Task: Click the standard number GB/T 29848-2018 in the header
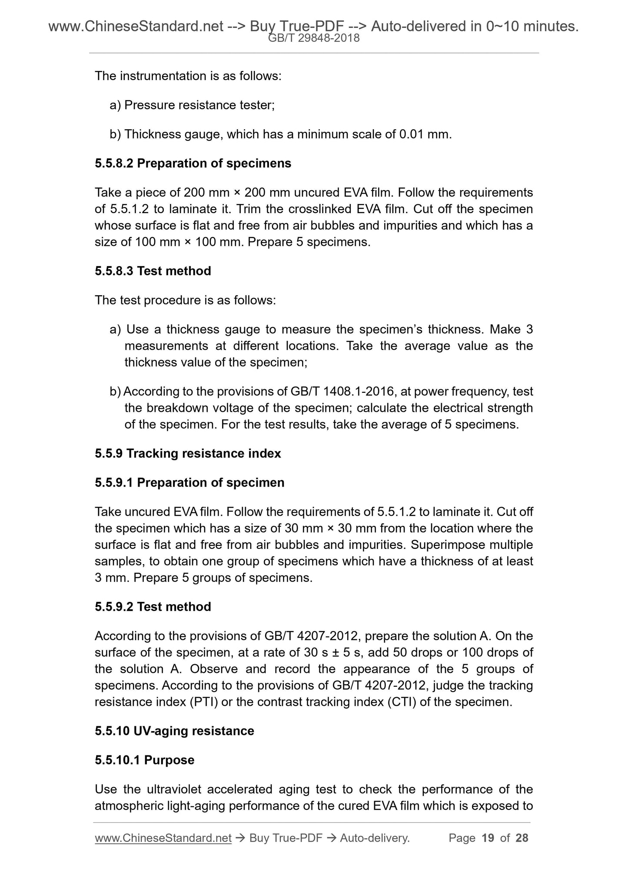(x=314, y=38)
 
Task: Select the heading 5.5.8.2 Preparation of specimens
(x=193, y=164)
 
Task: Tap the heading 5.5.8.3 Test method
(x=153, y=271)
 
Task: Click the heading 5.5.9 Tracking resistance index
(x=188, y=453)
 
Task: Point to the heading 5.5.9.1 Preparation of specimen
(x=189, y=482)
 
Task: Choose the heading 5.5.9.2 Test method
(x=153, y=607)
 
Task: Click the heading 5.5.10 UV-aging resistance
(x=174, y=731)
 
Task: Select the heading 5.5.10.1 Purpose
(x=145, y=760)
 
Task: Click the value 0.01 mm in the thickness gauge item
(x=425, y=134)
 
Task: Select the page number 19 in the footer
(x=488, y=838)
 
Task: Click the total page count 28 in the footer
(x=522, y=838)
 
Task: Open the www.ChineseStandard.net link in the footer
(x=163, y=838)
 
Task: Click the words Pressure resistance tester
(x=199, y=105)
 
